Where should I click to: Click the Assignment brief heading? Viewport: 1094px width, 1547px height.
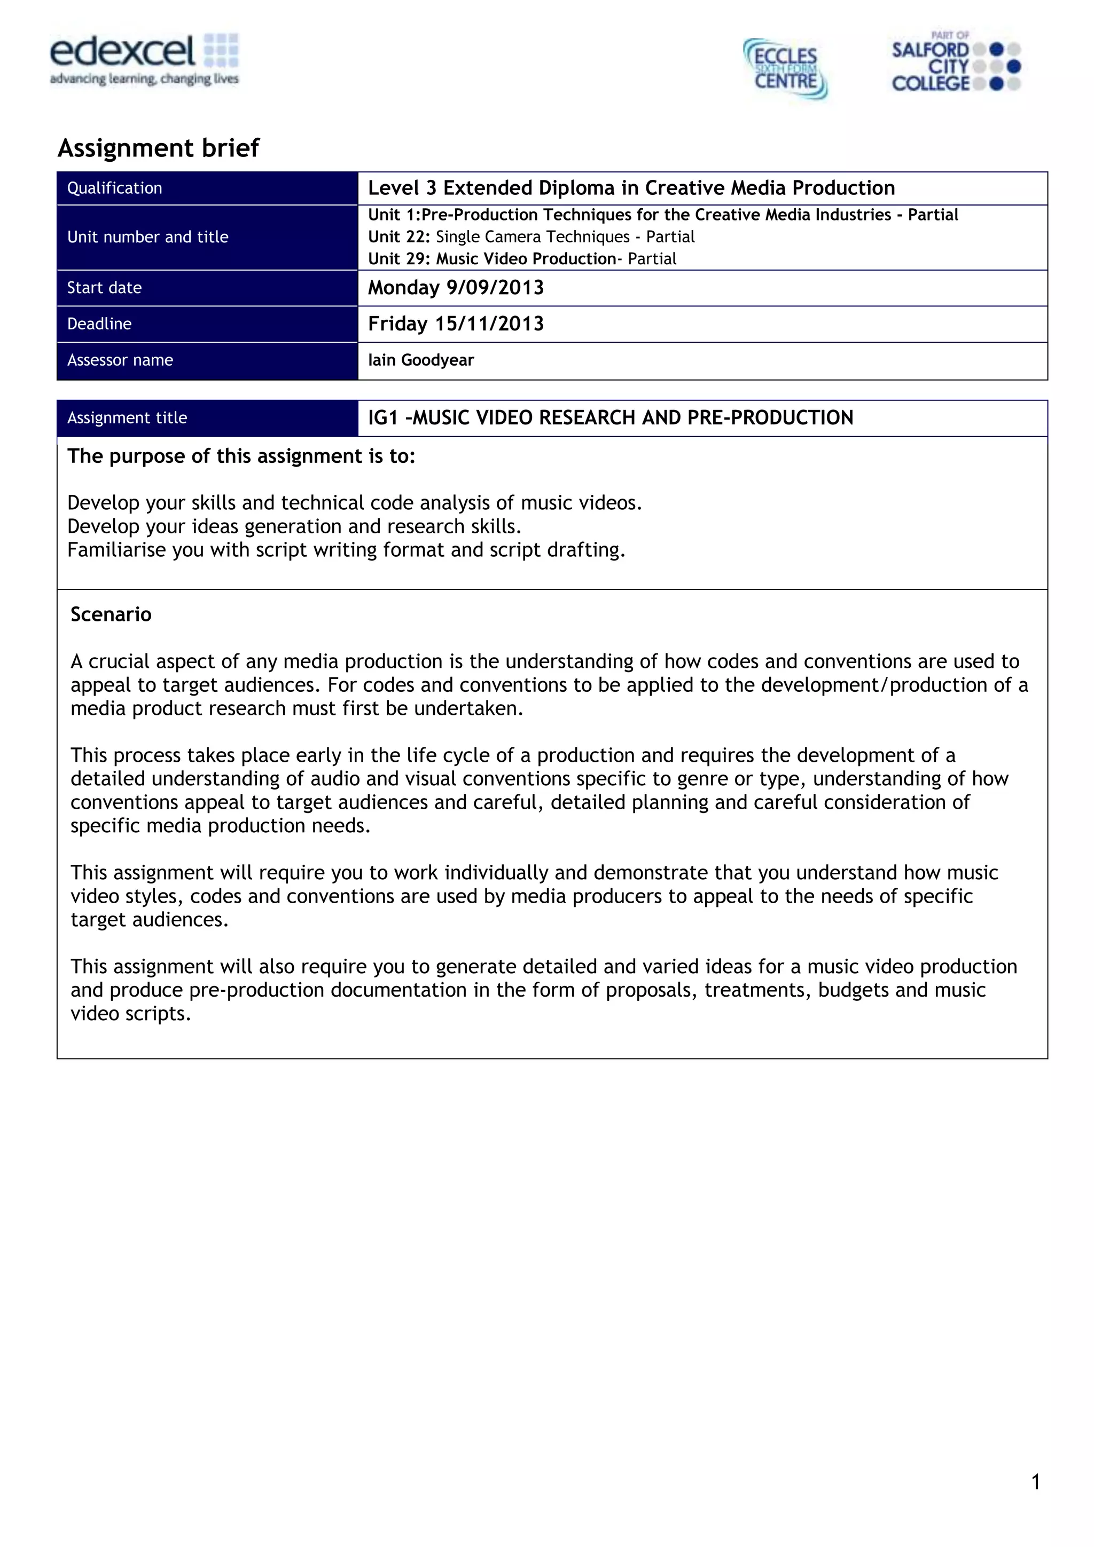click(159, 147)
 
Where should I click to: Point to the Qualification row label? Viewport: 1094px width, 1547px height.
click(115, 188)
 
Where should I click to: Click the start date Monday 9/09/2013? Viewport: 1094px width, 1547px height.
click(456, 288)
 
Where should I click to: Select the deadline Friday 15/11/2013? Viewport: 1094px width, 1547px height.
click(456, 324)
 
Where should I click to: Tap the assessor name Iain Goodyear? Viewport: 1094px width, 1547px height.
click(420, 360)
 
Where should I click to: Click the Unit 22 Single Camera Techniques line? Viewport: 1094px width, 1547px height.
click(531, 237)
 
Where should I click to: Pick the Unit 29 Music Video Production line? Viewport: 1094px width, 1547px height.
click(522, 259)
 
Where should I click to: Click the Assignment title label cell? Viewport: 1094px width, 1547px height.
click(127, 418)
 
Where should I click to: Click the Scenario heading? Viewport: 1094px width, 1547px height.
click(111, 614)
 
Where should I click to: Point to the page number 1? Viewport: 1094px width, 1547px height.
click(1035, 1482)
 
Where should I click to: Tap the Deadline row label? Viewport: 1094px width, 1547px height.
click(99, 324)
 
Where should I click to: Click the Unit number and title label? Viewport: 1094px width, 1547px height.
click(147, 237)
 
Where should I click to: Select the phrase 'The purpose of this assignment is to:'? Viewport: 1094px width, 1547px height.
click(241, 456)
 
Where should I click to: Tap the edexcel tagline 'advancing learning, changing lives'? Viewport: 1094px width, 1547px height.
click(144, 79)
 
